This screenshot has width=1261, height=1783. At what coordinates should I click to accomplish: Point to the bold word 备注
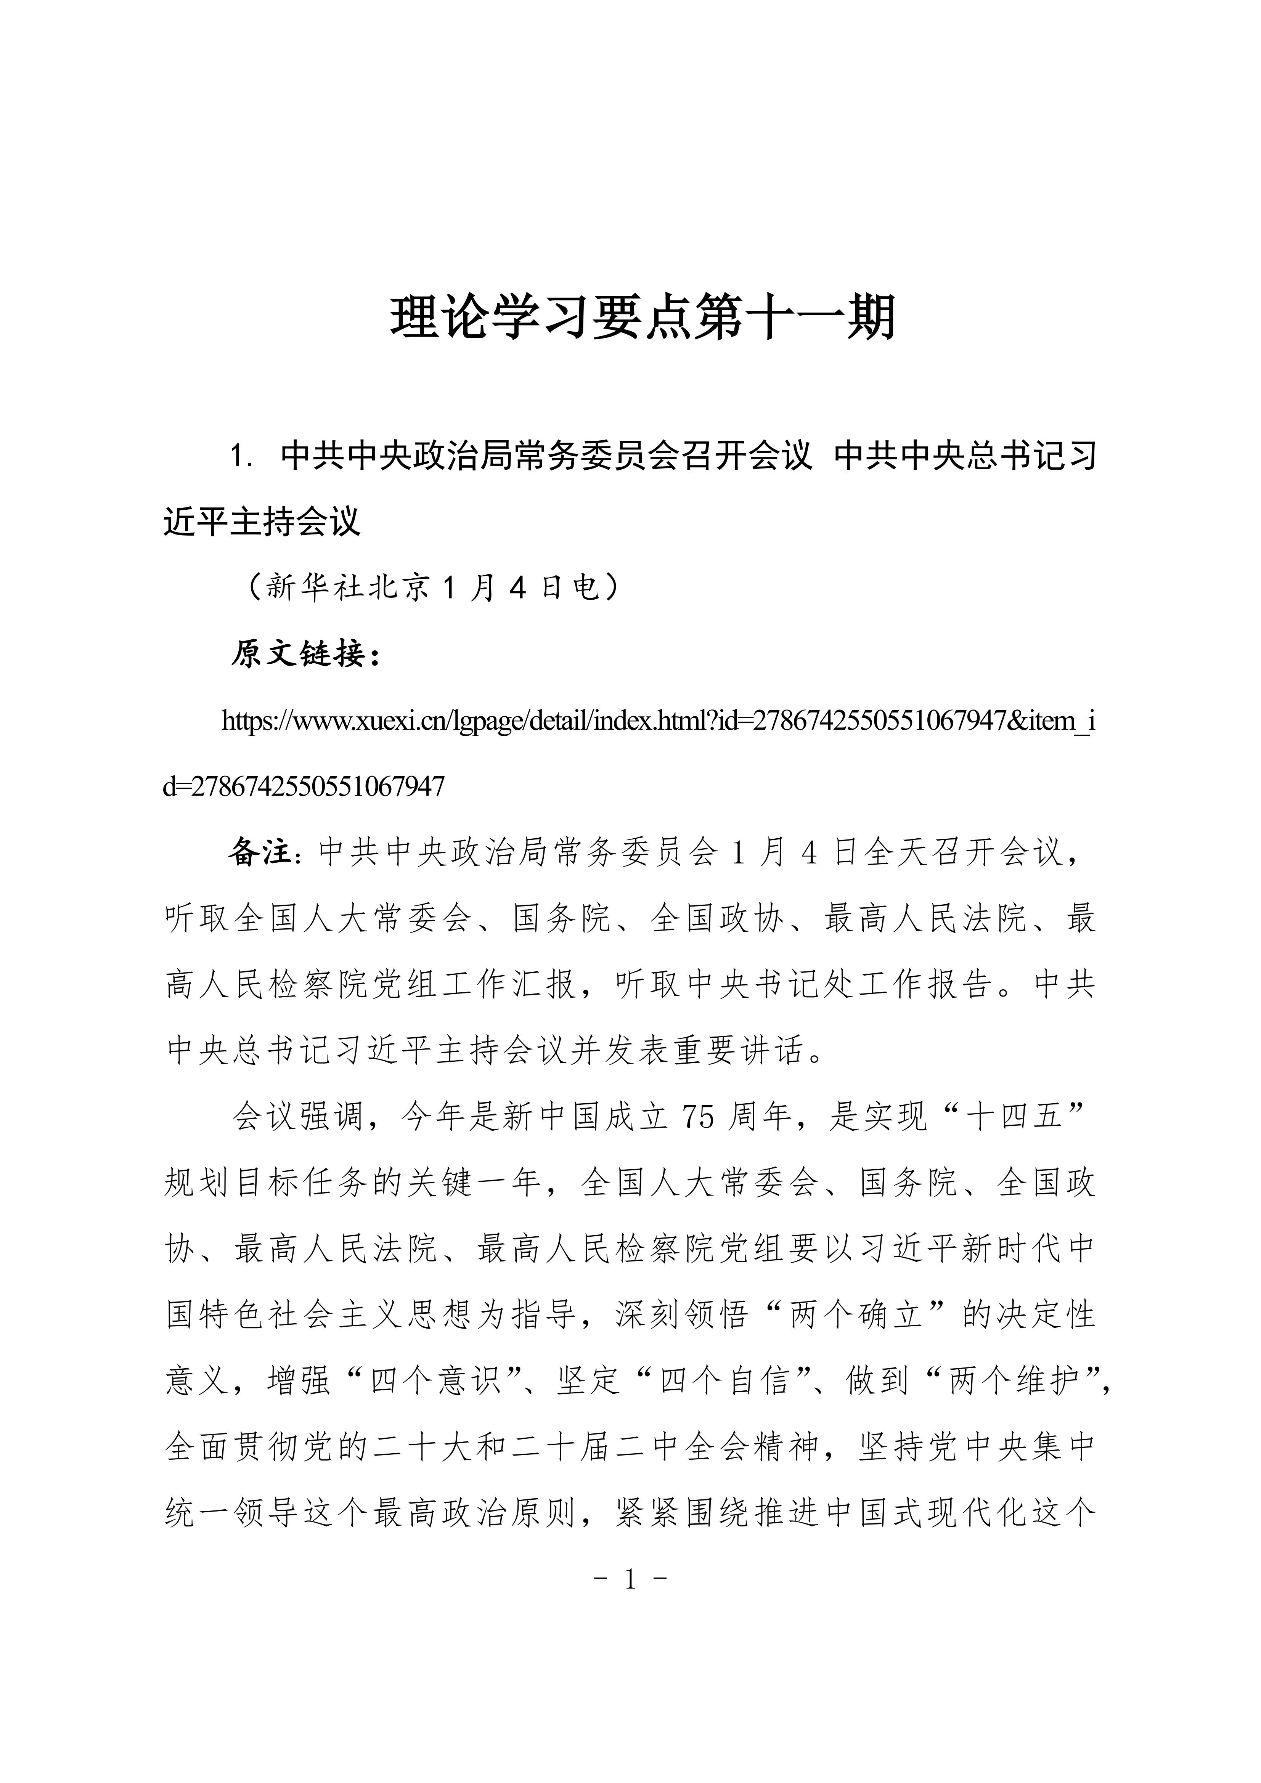pyautogui.click(x=260, y=853)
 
